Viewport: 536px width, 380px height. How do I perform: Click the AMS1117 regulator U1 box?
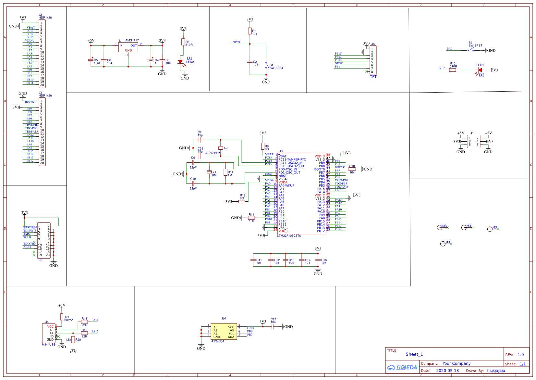(x=128, y=47)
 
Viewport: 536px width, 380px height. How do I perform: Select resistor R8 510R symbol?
(x=183, y=42)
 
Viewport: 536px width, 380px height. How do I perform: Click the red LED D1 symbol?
(x=180, y=62)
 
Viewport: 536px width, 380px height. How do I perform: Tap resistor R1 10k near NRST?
(x=250, y=31)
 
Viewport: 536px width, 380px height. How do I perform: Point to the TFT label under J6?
(x=373, y=77)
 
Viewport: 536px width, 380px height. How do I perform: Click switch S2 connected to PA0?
(x=470, y=49)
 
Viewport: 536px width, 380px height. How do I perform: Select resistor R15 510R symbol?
(x=453, y=70)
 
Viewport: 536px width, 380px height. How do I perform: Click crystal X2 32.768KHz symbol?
(x=221, y=148)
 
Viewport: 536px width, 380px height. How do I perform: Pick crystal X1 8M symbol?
(x=209, y=172)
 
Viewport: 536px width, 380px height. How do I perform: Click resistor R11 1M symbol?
(x=225, y=172)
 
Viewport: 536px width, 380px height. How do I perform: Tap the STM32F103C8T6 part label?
(x=288, y=236)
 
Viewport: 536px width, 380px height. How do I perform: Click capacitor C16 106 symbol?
(x=318, y=260)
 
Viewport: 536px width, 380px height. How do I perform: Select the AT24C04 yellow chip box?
(x=224, y=332)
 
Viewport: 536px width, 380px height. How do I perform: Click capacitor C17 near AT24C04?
(x=273, y=327)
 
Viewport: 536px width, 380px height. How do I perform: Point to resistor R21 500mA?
(x=62, y=317)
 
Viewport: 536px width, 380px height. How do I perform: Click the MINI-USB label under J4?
(x=49, y=345)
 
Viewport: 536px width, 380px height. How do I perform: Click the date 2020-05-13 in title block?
(x=447, y=371)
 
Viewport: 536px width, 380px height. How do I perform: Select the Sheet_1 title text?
(x=414, y=354)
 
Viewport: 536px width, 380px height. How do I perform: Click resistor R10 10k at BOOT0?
(x=352, y=169)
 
